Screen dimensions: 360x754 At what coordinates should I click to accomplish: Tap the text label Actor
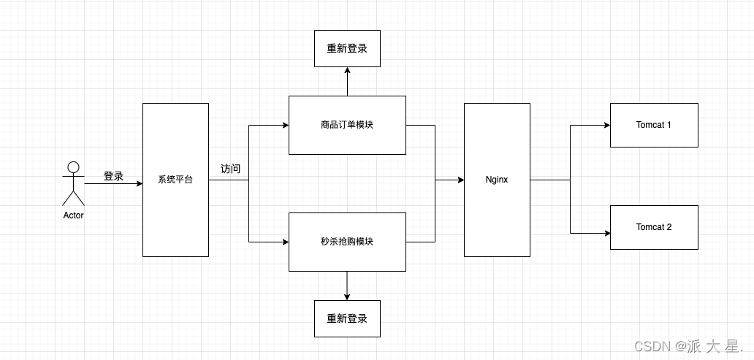tap(73, 215)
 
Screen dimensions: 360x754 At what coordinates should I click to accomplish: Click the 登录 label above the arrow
tap(113, 176)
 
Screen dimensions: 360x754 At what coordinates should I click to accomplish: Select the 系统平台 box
tap(175, 180)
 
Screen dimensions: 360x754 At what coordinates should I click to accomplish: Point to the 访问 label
tap(230, 169)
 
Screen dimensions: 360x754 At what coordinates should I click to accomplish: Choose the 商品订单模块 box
tap(347, 125)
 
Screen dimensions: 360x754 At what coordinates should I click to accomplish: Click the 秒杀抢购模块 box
tap(347, 242)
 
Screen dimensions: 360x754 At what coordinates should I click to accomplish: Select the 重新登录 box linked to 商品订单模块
tap(347, 48)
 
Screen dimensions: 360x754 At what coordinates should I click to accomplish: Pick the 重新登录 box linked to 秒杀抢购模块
tap(347, 318)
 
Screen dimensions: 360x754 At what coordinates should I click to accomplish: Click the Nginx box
tap(497, 180)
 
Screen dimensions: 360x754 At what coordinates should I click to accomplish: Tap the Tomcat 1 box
tap(654, 125)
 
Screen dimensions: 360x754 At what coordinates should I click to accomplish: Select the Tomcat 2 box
tap(654, 227)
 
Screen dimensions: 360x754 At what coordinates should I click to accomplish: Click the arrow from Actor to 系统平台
tap(113, 184)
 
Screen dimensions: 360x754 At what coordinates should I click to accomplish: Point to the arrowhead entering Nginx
tap(460, 180)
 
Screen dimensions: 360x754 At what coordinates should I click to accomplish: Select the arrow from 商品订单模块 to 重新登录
tap(347, 81)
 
